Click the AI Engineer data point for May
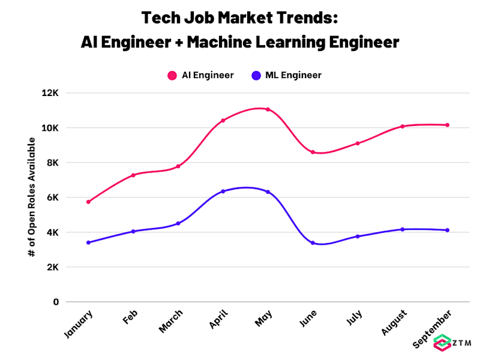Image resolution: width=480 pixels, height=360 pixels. tap(268, 109)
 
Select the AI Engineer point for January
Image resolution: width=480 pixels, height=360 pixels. tap(88, 202)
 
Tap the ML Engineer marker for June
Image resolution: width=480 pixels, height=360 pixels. tap(313, 243)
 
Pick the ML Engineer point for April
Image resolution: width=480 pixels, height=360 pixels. tap(223, 191)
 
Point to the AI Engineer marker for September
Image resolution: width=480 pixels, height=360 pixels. tap(447, 125)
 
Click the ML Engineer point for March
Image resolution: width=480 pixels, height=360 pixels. tap(178, 223)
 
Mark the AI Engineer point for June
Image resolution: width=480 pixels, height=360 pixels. tap(313, 152)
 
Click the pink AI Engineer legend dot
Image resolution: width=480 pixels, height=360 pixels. tap(172, 76)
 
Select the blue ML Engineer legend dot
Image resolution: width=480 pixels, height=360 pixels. tap(256, 76)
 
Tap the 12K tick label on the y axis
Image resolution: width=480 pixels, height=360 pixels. tap(50, 93)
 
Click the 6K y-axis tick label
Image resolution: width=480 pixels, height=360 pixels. tap(53, 197)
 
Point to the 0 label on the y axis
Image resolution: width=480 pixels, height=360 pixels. tap(56, 302)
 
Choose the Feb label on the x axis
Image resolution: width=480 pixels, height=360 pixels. tap(130, 317)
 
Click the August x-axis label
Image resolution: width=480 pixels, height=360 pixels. tap(394, 322)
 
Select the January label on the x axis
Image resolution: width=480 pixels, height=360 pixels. tap(78, 324)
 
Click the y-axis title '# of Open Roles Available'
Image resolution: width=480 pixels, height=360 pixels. tap(32, 197)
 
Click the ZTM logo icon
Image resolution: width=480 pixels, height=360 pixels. tap(442, 343)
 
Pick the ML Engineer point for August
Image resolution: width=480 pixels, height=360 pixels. tap(403, 229)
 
